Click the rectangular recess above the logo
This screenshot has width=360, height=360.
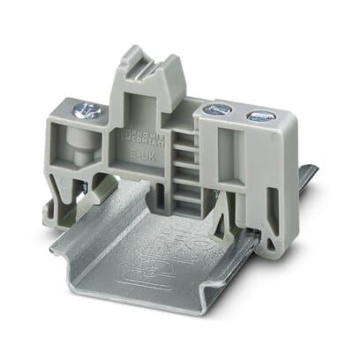(141, 110)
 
